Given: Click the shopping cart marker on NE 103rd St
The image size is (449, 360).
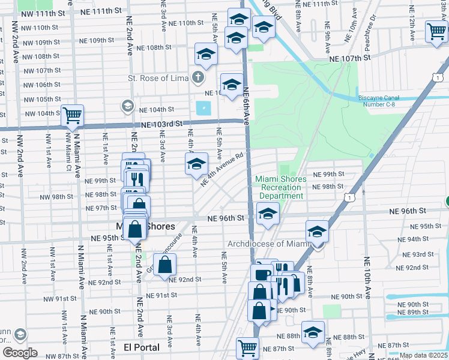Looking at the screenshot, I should click(72, 115).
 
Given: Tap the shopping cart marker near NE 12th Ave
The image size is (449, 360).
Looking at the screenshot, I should click(436, 32).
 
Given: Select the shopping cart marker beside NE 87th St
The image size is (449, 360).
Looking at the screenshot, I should click(247, 346).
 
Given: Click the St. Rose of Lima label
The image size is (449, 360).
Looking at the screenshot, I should click(158, 78).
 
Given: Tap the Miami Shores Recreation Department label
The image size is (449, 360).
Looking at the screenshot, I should click(281, 187).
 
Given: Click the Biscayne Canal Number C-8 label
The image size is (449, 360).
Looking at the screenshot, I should click(388, 100).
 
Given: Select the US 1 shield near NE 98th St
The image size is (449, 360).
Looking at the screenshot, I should click(349, 196).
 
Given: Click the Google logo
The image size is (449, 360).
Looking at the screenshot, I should click(20, 353).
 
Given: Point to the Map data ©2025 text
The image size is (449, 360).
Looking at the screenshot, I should click(423, 355).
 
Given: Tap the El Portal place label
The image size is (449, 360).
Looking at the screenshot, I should click(142, 347).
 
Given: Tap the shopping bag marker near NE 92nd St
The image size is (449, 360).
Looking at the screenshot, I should click(164, 264).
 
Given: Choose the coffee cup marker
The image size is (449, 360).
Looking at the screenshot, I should click(262, 275).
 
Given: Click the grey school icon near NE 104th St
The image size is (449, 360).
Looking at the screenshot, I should click(127, 106).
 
